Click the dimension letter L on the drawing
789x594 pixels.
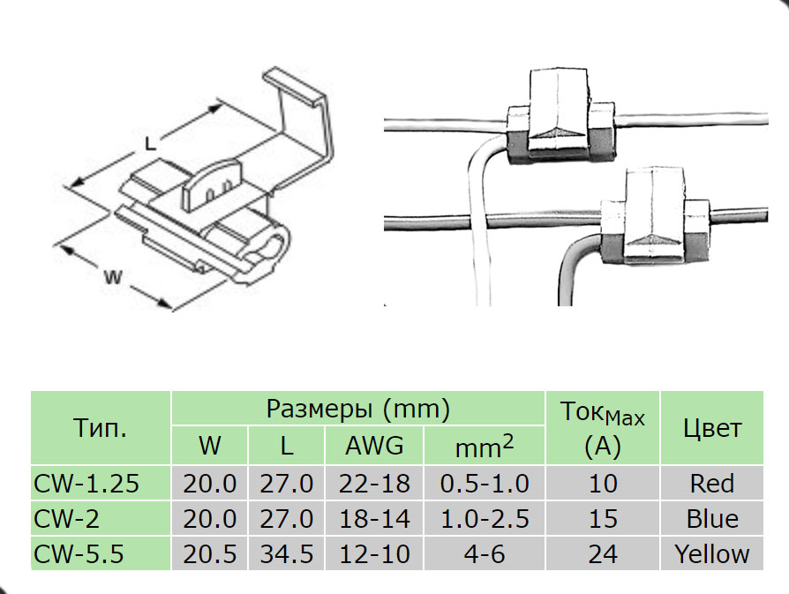pyautogui.click(x=150, y=144)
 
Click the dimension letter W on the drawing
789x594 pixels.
pyautogui.click(x=113, y=277)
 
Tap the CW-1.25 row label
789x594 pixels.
pyautogui.click(x=86, y=484)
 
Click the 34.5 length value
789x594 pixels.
pyautogui.click(x=286, y=553)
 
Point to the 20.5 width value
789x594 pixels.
pyautogui.click(x=209, y=553)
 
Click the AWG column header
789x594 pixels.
pyautogui.click(x=374, y=446)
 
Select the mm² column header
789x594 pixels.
pyautogui.click(x=484, y=447)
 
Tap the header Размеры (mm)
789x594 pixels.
pyautogui.click(x=357, y=409)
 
